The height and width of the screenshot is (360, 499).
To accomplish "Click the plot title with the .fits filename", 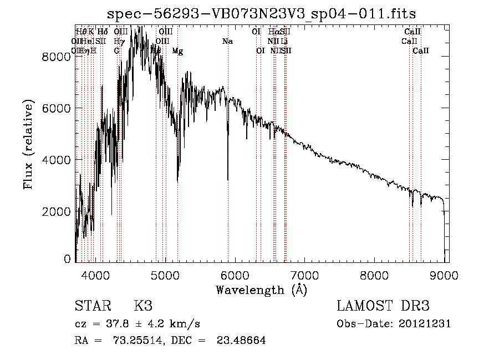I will pyautogui.click(x=261, y=13).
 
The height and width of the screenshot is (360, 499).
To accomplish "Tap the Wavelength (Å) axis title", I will pyautogui.click(x=261, y=290).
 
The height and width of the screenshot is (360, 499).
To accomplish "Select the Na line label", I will pyautogui.click(x=227, y=42).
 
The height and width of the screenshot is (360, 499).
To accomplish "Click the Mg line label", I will pyautogui.click(x=177, y=51).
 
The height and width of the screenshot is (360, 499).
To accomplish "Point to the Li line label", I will pyautogui.click(x=284, y=42).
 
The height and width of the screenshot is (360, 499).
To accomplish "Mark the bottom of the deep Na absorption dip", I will pyautogui.click(x=228, y=179).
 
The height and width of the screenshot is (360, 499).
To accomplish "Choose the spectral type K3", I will pyautogui.click(x=143, y=306).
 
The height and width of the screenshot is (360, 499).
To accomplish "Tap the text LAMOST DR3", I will pyautogui.click(x=383, y=306).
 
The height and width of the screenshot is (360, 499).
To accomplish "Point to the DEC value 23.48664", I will pyautogui.click(x=241, y=341).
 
